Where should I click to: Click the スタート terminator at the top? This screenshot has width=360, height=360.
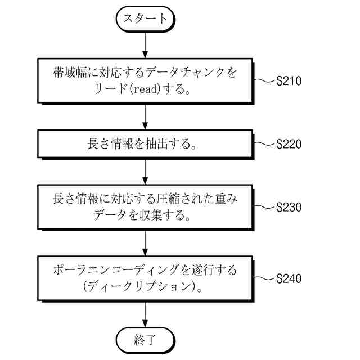[146, 19]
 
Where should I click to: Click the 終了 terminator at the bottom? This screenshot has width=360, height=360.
[146, 340]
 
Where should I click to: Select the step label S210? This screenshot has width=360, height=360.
[289, 81]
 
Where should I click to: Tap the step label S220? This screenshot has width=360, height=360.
[289, 144]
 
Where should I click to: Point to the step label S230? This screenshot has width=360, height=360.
[289, 207]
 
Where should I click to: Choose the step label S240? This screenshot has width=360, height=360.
[289, 278]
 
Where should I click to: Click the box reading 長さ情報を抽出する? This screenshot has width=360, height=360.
[146, 144]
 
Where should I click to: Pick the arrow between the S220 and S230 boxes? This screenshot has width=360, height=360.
[146, 171]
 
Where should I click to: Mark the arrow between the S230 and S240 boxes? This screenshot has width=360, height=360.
[146, 242]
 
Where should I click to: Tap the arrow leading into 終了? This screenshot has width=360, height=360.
[146, 313]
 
